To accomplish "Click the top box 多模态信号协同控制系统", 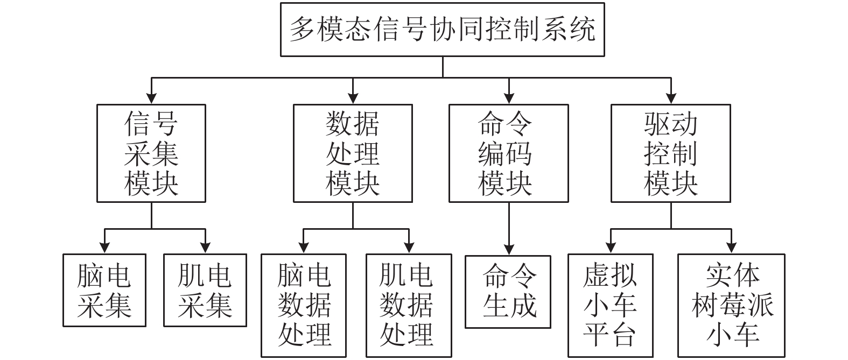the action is [x=442, y=30].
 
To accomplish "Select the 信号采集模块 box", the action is [x=151, y=153].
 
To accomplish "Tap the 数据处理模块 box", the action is [x=353, y=153].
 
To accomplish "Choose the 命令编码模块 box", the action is [x=509, y=153].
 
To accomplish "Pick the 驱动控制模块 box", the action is [x=671, y=153].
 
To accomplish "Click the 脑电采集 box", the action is [x=104, y=291].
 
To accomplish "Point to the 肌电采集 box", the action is [x=205, y=291].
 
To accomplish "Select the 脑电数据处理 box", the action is [x=304, y=306].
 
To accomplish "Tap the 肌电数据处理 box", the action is [x=409, y=306].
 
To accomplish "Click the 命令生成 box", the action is [x=508, y=292].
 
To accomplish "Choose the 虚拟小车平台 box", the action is [x=611, y=306].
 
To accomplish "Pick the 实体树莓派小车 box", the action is [x=731, y=306].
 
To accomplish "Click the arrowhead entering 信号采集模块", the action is [x=151, y=98].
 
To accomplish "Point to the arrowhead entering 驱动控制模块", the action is [x=671, y=98].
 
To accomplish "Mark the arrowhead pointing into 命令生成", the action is [x=509, y=250].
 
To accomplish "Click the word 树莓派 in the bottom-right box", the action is [x=732, y=306].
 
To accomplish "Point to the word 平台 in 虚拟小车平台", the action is [x=609, y=335].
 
